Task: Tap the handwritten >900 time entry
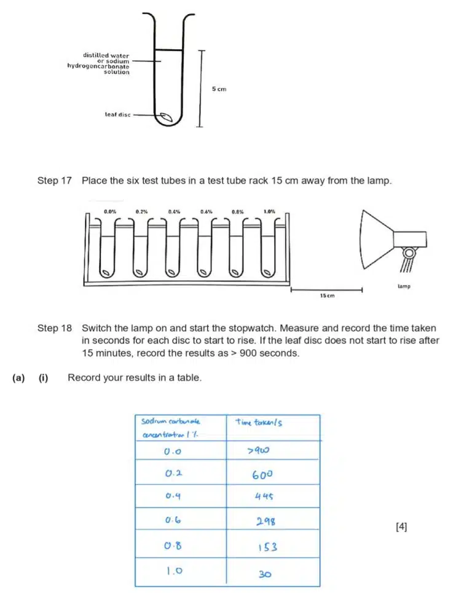point(258,452)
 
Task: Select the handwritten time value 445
point(264,498)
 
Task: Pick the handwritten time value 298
point(265,522)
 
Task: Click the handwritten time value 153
point(265,546)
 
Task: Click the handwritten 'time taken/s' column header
point(259,422)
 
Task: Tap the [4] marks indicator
point(401,526)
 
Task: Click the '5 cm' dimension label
point(219,89)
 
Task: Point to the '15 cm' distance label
point(326,296)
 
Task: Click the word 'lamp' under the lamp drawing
point(403,286)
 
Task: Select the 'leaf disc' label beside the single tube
point(117,114)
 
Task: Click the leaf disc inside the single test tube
point(165,116)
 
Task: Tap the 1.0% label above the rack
point(269,211)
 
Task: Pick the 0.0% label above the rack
point(111,211)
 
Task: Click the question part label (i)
point(43,378)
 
